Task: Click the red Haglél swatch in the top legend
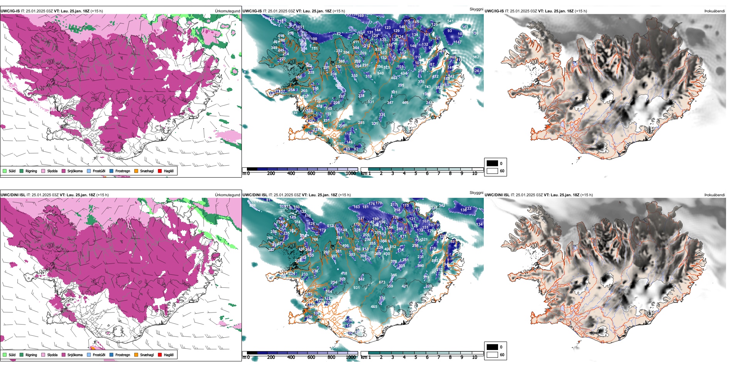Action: [x=160, y=171]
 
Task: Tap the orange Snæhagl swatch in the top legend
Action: [x=136, y=171]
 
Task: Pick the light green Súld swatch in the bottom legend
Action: [x=5, y=355]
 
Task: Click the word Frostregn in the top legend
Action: [x=122, y=171]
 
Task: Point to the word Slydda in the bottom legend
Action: [x=52, y=355]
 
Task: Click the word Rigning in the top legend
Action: [x=31, y=171]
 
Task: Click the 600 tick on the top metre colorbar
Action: [x=311, y=173]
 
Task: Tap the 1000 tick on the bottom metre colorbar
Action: [x=351, y=357]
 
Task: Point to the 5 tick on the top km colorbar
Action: [x=416, y=173]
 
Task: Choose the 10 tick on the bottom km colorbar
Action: [x=475, y=357]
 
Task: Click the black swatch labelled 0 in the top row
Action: [x=492, y=163]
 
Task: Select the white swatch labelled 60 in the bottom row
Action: [x=492, y=355]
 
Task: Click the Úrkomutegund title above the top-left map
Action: [x=227, y=11]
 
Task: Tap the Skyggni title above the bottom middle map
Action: [x=476, y=193]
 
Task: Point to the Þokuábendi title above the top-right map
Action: [x=714, y=11]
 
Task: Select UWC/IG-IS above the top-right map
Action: [x=494, y=11]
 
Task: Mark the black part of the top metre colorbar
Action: [x=252, y=169]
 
